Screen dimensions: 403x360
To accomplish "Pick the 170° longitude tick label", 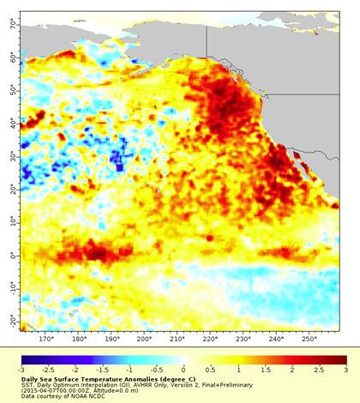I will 49,340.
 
